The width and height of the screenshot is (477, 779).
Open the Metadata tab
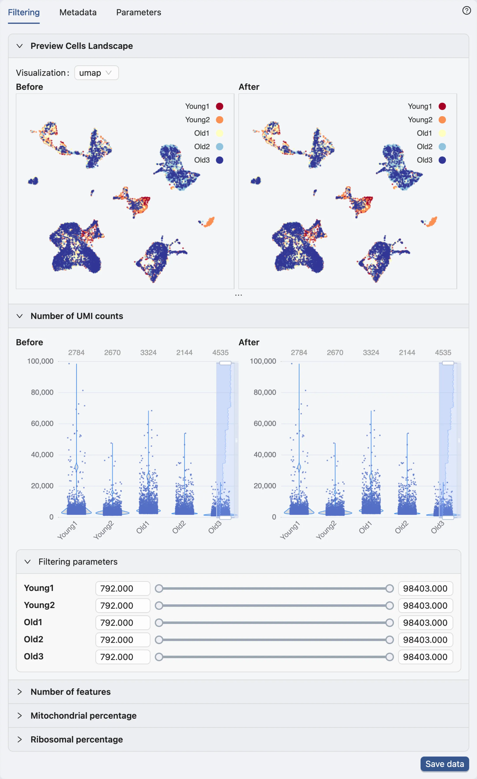tap(78, 12)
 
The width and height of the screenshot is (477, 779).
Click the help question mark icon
tap(466, 10)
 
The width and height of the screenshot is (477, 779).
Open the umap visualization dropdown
tap(96, 73)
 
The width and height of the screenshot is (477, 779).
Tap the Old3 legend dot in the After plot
tap(442, 160)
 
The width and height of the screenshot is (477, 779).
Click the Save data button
tap(444, 764)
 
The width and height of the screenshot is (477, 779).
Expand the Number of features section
tap(70, 692)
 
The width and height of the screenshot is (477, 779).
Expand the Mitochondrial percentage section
tap(83, 715)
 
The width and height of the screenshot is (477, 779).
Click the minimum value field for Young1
tap(122, 588)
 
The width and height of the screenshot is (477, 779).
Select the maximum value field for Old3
tap(425, 657)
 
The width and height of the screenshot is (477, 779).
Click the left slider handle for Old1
tap(159, 623)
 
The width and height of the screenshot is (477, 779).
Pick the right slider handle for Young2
tap(390, 605)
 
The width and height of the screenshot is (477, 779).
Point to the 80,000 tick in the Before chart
tap(42, 392)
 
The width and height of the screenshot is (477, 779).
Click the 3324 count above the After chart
tap(371, 352)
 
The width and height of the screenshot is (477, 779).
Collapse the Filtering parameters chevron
tap(28, 561)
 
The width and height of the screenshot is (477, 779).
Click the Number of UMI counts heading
tap(77, 316)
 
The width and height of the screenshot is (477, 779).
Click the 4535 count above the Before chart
tap(220, 352)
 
